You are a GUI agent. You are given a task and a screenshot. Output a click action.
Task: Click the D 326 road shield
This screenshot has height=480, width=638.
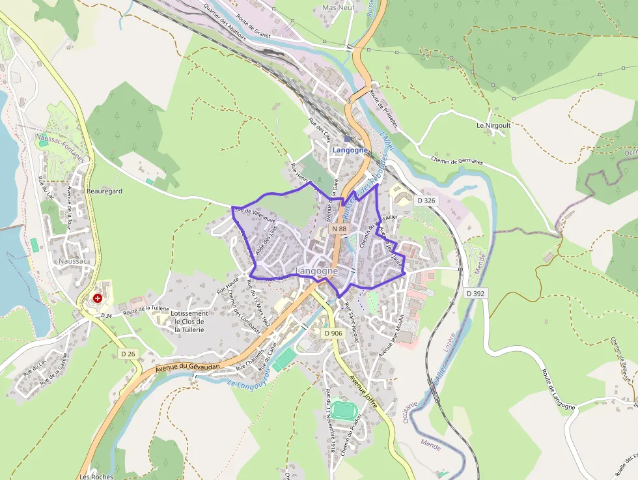(x=425, y=201)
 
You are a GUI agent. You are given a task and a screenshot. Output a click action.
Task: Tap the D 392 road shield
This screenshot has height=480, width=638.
(x=476, y=294)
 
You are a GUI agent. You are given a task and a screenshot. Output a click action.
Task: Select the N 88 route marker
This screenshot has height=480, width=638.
(x=339, y=229)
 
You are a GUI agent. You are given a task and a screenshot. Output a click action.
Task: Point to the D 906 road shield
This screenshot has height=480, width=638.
(x=333, y=333)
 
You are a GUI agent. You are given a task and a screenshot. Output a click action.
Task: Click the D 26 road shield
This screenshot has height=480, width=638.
(x=128, y=354)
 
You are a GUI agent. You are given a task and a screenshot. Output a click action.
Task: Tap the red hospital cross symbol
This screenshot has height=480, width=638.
(x=98, y=298)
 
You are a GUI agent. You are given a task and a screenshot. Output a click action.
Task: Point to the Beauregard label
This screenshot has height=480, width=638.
(x=104, y=191)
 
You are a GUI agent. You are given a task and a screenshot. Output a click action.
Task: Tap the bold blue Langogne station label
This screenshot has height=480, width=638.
(x=350, y=150)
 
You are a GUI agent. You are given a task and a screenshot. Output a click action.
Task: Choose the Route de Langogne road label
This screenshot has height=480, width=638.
(x=559, y=389)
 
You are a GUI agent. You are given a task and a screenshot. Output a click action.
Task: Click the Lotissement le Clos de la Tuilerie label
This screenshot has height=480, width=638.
(x=189, y=322)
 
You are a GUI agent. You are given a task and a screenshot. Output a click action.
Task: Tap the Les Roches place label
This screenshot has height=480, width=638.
(x=96, y=476)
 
